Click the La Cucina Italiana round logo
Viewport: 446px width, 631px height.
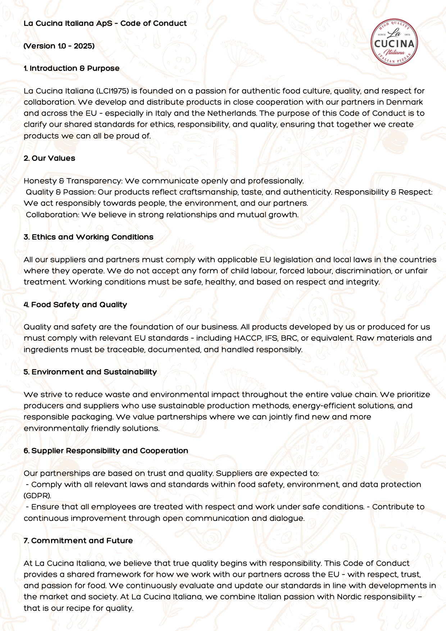395,42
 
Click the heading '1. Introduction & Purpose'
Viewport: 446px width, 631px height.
72,68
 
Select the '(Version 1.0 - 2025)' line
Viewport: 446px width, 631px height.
59,46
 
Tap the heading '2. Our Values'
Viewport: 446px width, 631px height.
49,158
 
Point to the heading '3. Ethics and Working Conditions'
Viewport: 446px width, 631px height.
88,237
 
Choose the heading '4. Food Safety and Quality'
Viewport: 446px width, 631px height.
76,305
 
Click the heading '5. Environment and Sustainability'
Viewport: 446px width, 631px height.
90,372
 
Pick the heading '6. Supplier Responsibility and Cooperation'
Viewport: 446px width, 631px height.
106,451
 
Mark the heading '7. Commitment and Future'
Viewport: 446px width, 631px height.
78,541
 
